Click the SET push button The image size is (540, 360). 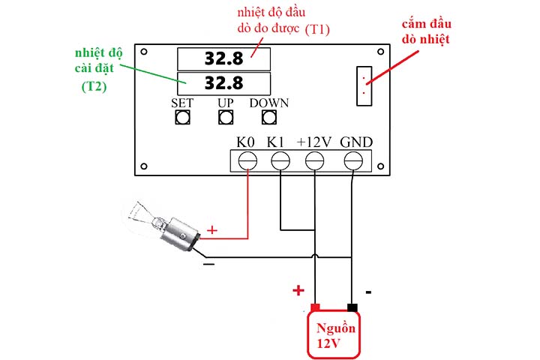[182, 117]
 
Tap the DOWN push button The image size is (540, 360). [269, 117]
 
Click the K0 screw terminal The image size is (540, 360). [247, 161]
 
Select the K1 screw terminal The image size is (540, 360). [280, 161]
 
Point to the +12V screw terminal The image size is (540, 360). [315, 161]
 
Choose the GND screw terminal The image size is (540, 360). [353, 161]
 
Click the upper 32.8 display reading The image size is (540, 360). [223, 58]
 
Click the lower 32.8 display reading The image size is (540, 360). [223, 83]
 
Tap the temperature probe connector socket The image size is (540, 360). [364, 85]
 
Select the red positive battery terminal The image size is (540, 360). [315, 307]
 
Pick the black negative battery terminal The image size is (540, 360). [352, 307]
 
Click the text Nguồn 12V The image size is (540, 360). [335, 335]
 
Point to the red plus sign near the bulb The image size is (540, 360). [211, 229]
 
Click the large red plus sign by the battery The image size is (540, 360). [298, 290]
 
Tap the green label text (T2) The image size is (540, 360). [94, 86]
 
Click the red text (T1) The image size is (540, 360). [317, 29]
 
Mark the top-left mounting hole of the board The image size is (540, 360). [144, 52]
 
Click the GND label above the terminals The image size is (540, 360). [356, 142]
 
